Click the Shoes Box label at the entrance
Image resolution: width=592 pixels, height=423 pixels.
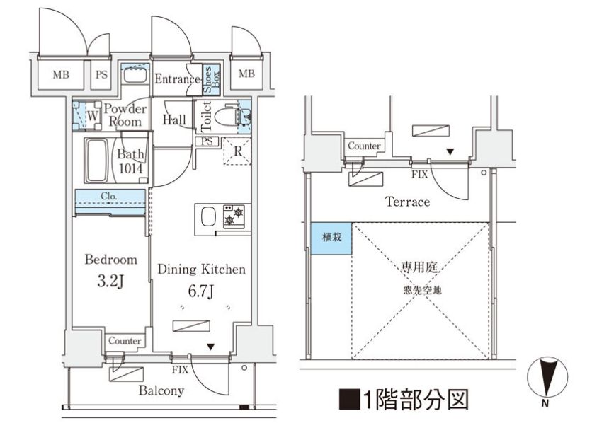212,79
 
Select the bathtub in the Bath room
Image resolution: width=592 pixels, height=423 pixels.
96,161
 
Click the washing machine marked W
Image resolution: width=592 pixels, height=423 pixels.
87,115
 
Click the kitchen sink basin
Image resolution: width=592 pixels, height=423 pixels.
208,216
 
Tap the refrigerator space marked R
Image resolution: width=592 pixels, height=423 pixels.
237,151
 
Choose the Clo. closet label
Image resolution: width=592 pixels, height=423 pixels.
109,196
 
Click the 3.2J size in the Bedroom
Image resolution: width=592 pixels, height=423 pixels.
110,281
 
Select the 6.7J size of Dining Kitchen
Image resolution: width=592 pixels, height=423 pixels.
201,291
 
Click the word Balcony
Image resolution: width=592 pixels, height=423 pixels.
161,390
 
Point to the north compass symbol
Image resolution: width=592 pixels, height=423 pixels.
547,378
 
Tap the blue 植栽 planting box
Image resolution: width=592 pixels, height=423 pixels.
331,238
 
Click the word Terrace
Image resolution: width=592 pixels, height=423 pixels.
407,202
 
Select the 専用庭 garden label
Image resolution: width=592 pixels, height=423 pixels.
419,267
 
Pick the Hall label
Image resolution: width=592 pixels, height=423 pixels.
174,120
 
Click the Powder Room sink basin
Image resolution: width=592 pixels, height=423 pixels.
135,76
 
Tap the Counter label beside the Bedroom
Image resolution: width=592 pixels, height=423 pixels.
125,341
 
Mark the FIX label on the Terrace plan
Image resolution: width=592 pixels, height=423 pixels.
419,175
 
